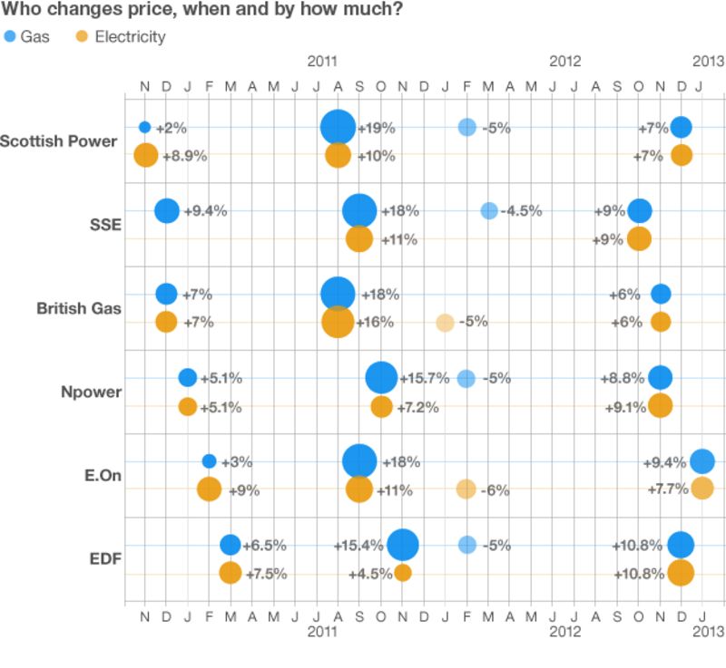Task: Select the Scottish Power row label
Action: [x=59, y=141]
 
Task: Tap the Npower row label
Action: [x=90, y=392]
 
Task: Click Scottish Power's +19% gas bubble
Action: [x=338, y=128]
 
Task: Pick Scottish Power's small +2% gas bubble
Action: [x=144, y=127]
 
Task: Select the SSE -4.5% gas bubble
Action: [x=489, y=211]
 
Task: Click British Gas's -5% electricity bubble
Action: [x=445, y=322]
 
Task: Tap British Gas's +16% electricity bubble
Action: [x=338, y=322]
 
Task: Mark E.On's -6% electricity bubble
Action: [x=466, y=489]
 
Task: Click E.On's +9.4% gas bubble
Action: [x=701, y=461]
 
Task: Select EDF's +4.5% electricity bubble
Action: [x=403, y=573]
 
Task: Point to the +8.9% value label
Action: [x=184, y=156]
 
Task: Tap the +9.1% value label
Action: [x=623, y=407]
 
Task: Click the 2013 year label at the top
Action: [x=708, y=62]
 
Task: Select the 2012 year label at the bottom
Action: [x=564, y=630]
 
